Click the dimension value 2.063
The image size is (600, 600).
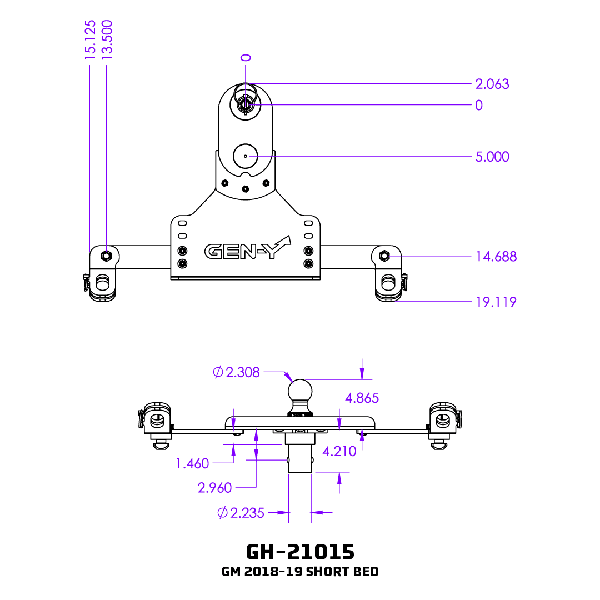[x=492, y=84]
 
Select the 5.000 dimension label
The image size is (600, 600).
[x=492, y=157]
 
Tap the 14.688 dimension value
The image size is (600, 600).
[x=496, y=257]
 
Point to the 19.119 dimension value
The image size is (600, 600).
[x=496, y=302]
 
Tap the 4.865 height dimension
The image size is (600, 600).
[x=362, y=398]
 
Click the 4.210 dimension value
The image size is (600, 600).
[x=339, y=452]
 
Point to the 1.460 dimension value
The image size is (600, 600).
[x=192, y=463]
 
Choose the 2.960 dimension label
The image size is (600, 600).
[x=214, y=488]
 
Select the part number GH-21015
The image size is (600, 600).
[x=300, y=552]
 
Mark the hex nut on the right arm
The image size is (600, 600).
[x=383, y=256]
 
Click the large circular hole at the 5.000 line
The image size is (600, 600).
[x=245, y=156]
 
